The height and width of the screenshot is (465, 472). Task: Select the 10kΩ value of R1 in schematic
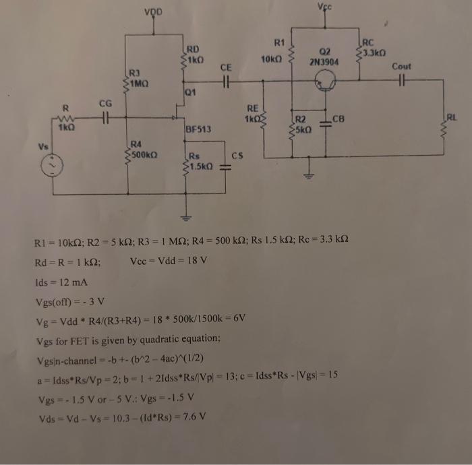point(270,60)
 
